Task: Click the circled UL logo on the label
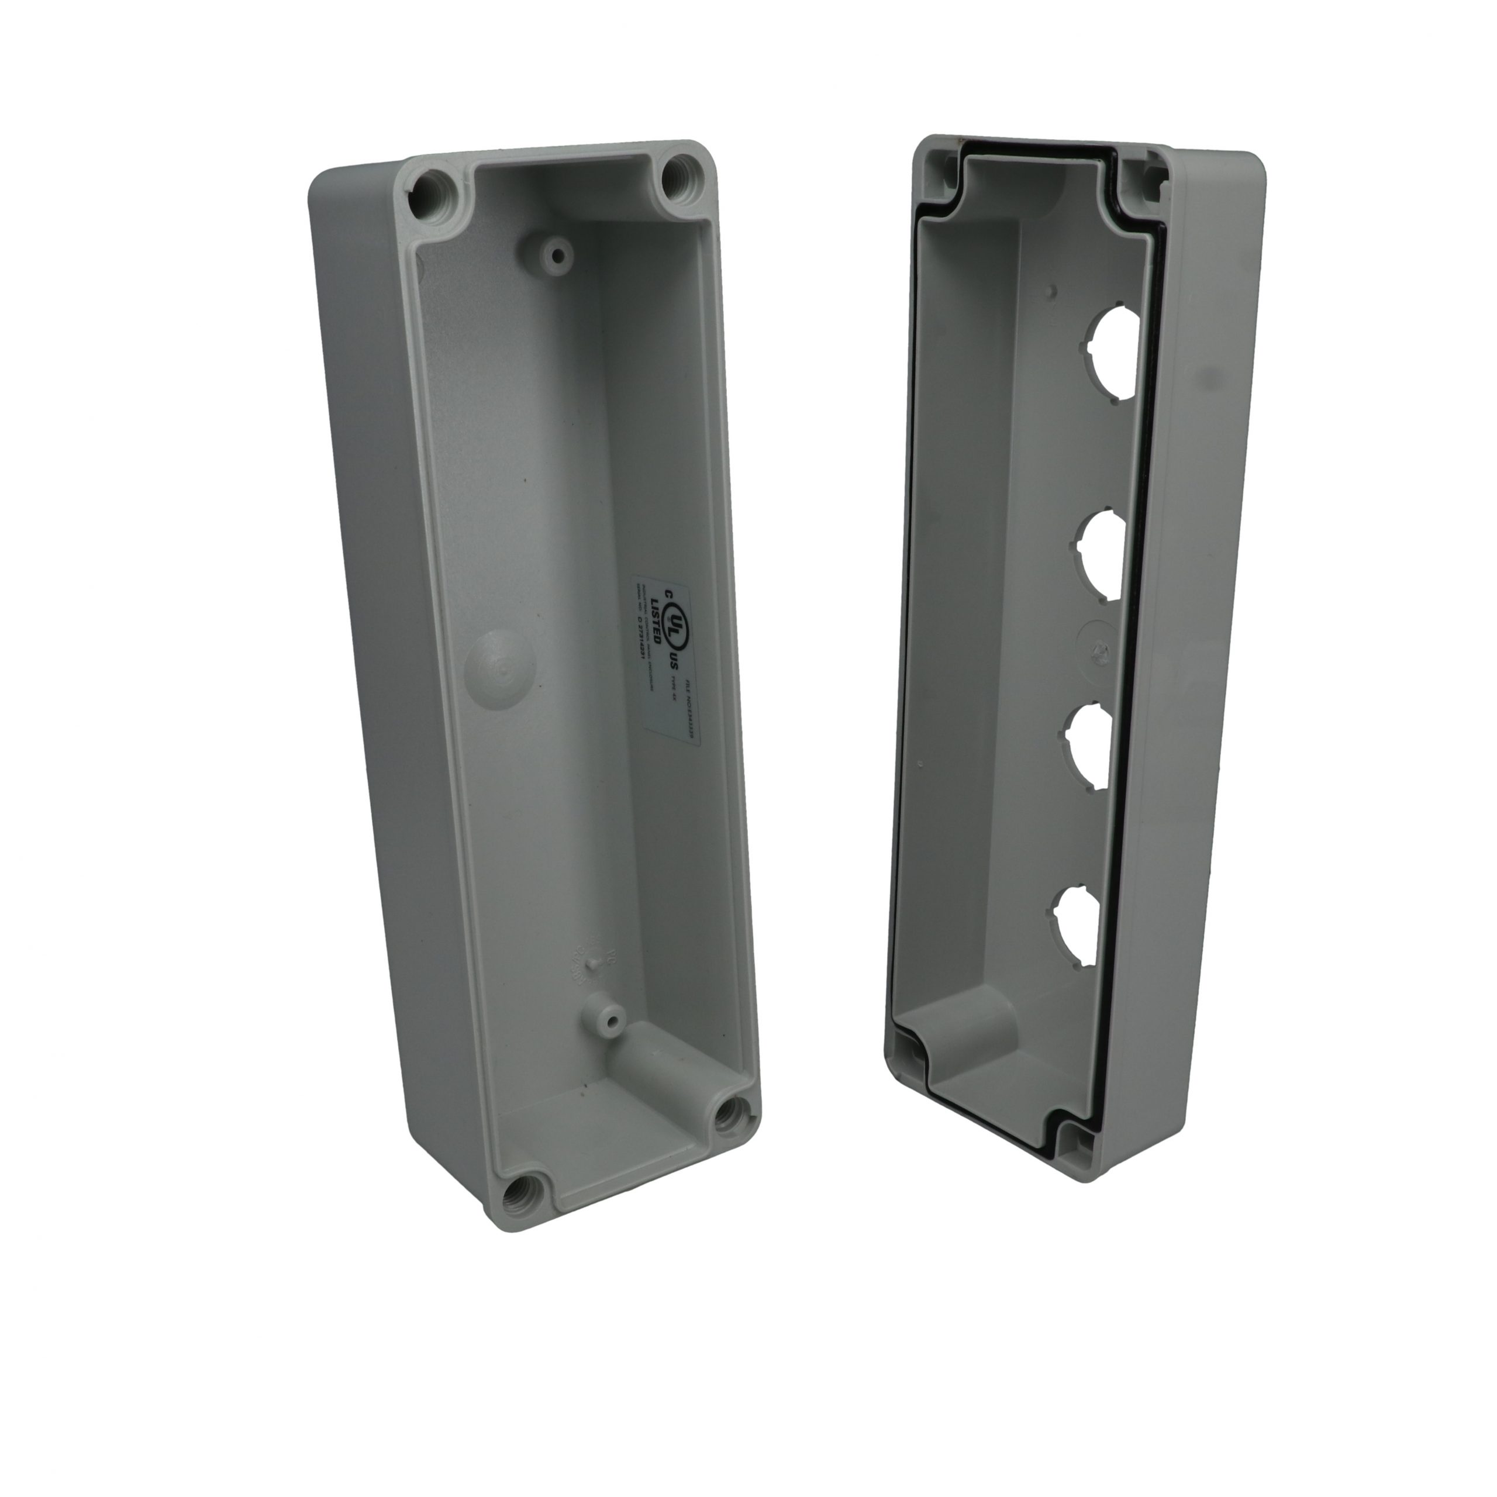677,620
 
